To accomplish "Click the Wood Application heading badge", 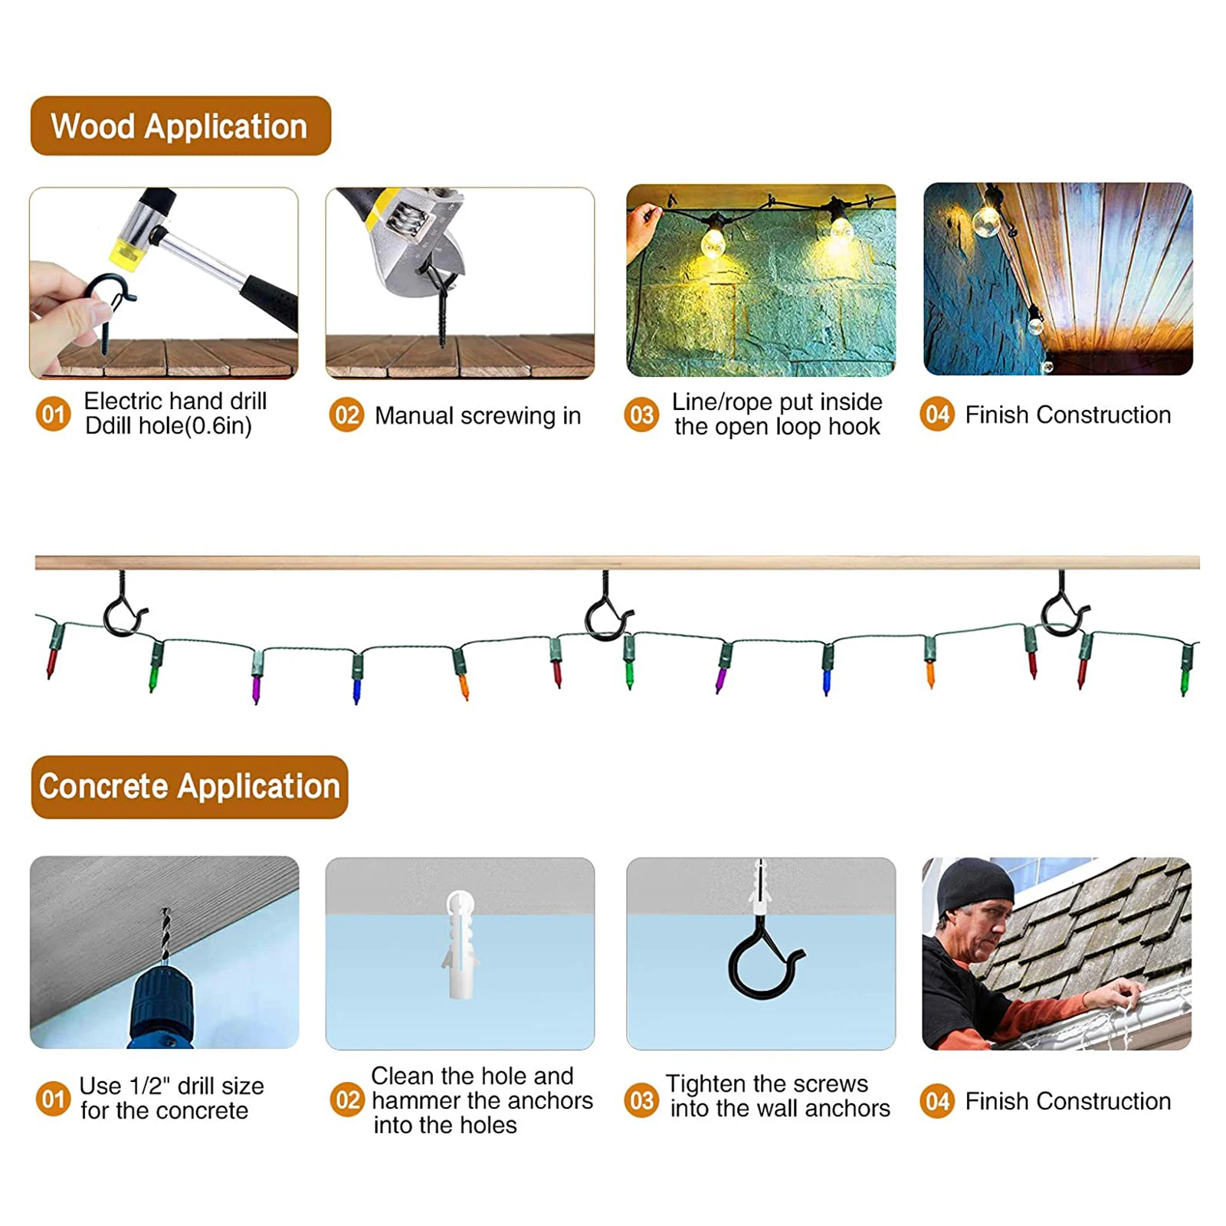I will pos(180,126).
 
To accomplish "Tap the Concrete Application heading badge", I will pos(189,787).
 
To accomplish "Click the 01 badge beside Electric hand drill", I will pos(53,415).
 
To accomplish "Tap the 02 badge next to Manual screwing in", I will pos(346,415).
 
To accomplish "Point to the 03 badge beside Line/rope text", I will pos(641,415).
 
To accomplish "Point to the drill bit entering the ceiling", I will pos(165,935).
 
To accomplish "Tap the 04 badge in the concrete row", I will pos(937,1101).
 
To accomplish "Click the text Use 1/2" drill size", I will pos(172,1086).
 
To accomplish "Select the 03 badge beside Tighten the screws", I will pos(641,1100).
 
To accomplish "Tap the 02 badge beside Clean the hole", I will pos(347,1100).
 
